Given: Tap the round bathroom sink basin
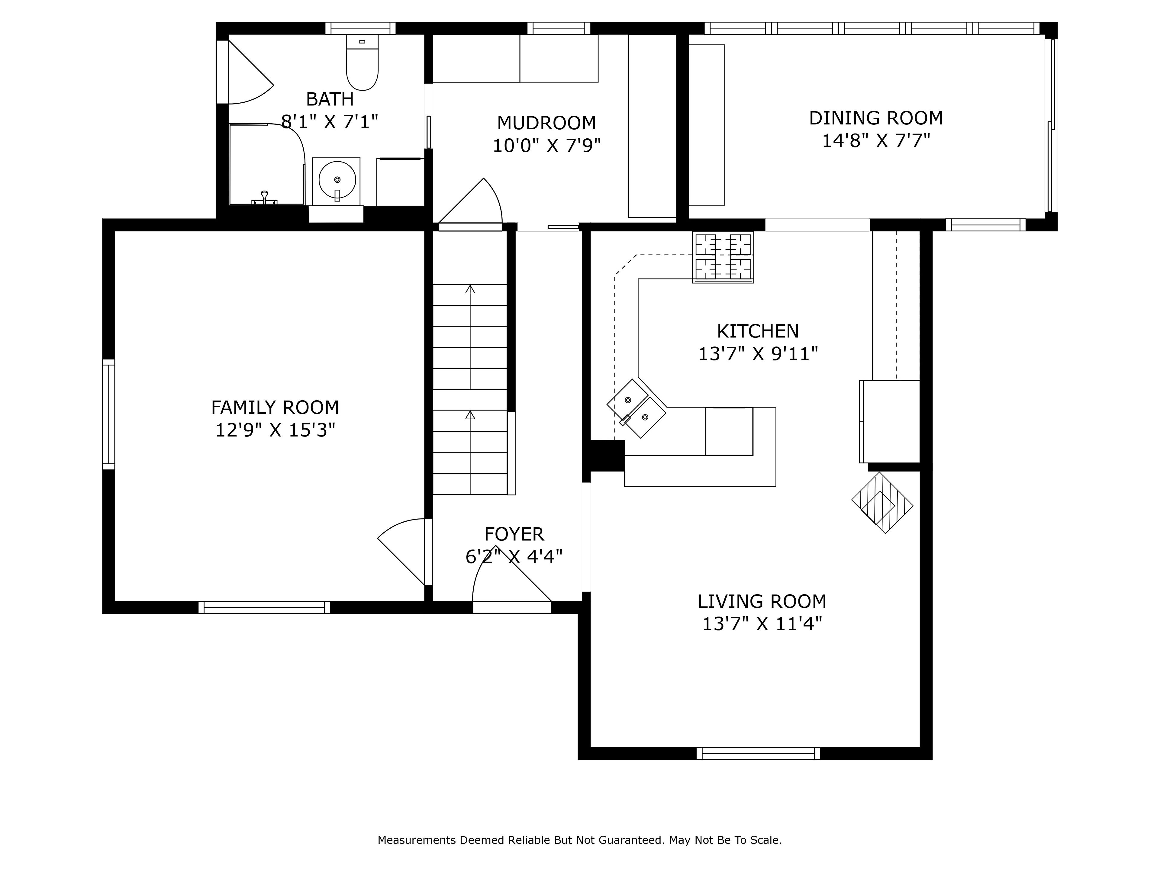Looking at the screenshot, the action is [x=337, y=180].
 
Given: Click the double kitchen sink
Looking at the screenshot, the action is [x=636, y=408].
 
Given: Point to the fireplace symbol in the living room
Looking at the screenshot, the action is [x=882, y=503].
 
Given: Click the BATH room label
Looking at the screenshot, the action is [x=330, y=98].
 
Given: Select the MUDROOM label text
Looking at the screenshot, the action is [x=546, y=123].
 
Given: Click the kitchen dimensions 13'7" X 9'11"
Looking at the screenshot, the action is [x=758, y=354].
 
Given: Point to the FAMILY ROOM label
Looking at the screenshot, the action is [x=275, y=408].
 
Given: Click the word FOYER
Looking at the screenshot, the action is [x=514, y=534].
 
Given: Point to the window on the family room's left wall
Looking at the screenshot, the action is [x=108, y=414].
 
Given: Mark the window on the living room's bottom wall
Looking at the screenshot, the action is [x=758, y=753].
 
